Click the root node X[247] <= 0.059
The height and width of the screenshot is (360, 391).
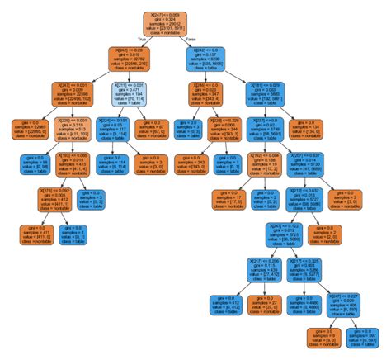173,24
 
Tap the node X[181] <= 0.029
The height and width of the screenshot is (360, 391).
266,95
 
